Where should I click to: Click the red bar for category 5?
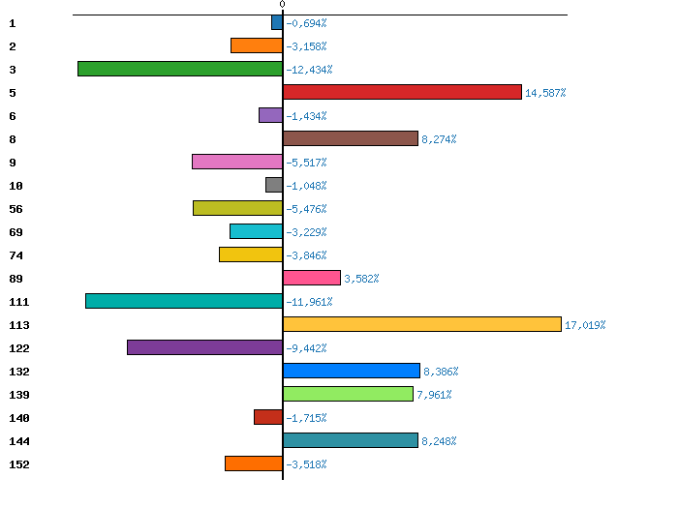[x=402, y=92]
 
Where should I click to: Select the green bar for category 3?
[x=180, y=69]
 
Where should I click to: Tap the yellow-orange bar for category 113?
[x=422, y=324]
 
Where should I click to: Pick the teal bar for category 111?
[x=184, y=301]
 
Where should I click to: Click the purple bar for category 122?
[x=204, y=347]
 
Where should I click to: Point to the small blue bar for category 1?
[x=277, y=22]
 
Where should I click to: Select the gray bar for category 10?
[x=274, y=185]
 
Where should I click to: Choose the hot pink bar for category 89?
[x=312, y=278]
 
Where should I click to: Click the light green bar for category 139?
[x=348, y=394]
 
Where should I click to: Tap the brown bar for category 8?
[x=351, y=138]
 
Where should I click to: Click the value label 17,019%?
[x=585, y=325]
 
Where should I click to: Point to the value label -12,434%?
[x=309, y=70]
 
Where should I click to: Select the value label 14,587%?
[x=545, y=93]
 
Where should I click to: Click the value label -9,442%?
[x=309, y=348]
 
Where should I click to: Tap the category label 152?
[x=18, y=464]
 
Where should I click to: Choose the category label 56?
[x=15, y=209]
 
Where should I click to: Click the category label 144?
[x=18, y=441]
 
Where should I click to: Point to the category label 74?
[x=15, y=255]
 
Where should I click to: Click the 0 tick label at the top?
[x=283, y=5]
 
